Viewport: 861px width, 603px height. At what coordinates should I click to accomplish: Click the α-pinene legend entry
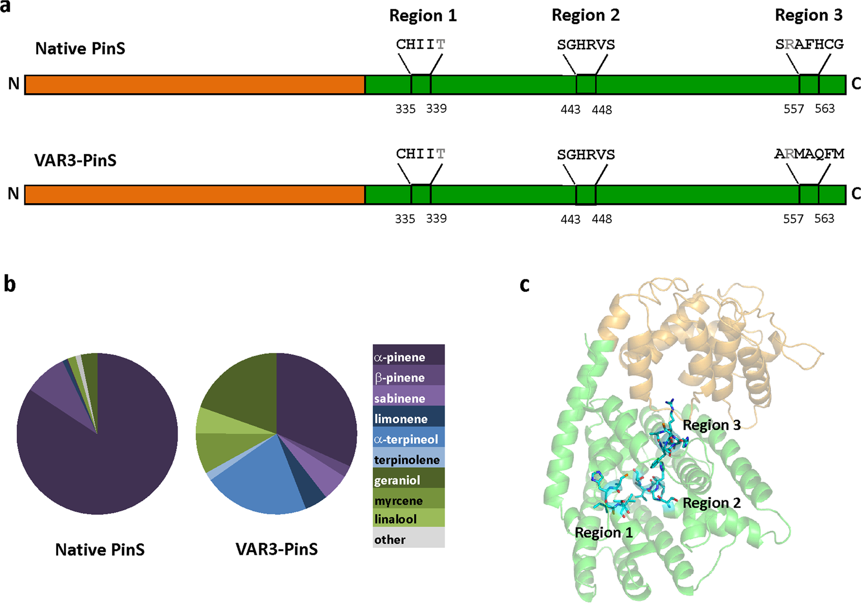tap(409, 357)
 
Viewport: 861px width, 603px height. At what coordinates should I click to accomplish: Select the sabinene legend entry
tap(409, 398)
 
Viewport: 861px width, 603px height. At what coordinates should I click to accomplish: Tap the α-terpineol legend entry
tap(409, 439)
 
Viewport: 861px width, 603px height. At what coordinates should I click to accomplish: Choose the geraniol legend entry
tap(409, 480)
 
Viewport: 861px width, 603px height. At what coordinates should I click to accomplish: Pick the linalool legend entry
tap(409, 519)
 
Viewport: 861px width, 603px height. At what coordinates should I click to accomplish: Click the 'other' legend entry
tap(409, 539)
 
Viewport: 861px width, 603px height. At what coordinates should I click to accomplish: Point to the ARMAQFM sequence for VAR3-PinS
tap(809, 154)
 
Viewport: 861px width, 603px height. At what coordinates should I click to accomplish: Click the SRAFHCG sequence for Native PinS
tap(809, 45)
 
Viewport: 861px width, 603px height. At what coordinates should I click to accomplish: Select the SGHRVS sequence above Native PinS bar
tap(586, 45)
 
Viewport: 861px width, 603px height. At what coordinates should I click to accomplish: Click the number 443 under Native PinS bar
tap(570, 109)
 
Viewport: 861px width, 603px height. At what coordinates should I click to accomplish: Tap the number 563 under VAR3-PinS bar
tap(824, 218)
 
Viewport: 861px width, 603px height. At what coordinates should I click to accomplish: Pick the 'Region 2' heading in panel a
tap(586, 16)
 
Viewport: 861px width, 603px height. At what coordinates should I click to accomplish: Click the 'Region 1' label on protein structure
tap(603, 533)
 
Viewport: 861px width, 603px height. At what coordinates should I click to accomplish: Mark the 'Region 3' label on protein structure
tap(711, 425)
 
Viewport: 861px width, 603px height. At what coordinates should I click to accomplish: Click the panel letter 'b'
tap(9, 284)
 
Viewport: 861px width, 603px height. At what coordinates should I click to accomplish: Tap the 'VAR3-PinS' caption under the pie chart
tap(277, 549)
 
